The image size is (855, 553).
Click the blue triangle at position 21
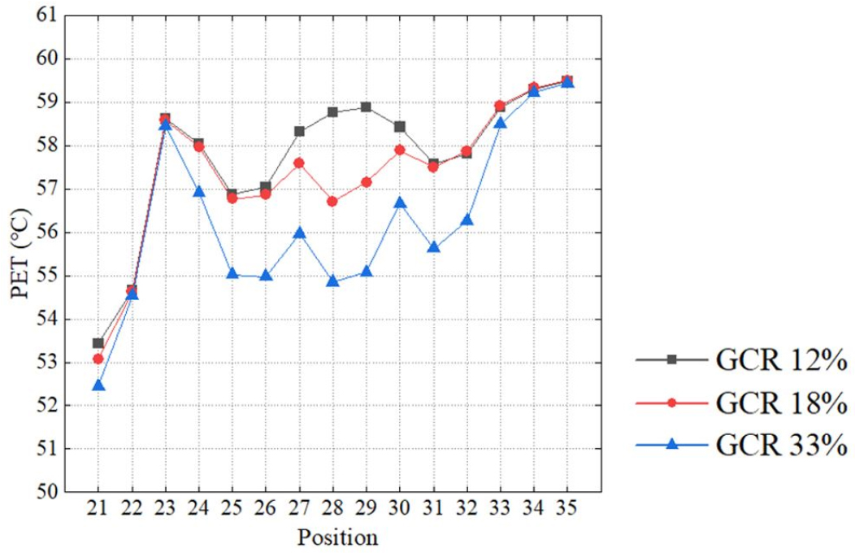(98, 385)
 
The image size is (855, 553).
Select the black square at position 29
(366, 107)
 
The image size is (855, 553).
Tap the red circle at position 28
(332, 201)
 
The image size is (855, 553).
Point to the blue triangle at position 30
(399, 202)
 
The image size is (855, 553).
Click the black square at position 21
(98, 343)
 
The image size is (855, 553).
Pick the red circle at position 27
(299, 163)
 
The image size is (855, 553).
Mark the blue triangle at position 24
(198, 192)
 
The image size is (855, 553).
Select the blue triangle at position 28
(332, 281)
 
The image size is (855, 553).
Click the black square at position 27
(299, 131)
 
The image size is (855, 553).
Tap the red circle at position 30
(399, 150)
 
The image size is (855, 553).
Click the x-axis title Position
(337, 538)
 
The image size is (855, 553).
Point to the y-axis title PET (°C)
(20, 254)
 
